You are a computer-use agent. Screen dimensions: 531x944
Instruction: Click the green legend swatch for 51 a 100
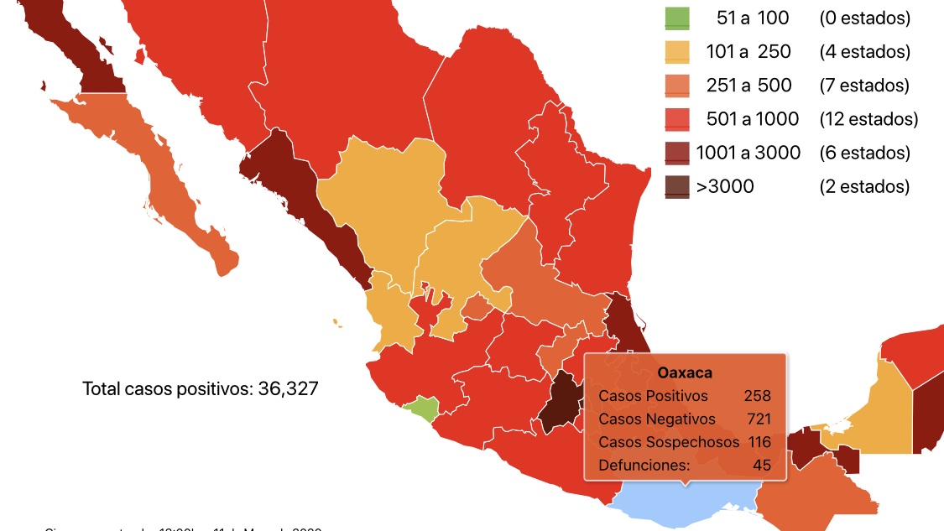click(x=677, y=18)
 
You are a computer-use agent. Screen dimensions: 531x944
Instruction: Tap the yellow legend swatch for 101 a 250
click(x=677, y=52)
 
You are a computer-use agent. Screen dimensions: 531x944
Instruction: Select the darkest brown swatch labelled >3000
click(x=677, y=186)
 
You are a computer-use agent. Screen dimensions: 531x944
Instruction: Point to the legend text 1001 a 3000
click(x=748, y=153)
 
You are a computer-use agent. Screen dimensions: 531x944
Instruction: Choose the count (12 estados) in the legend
click(x=868, y=119)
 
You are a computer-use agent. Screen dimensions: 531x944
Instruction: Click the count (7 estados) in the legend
click(x=864, y=86)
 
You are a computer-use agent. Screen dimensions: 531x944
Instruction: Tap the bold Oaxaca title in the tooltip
click(x=685, y=372)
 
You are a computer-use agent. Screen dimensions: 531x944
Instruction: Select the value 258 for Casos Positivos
click(x=756, y=396)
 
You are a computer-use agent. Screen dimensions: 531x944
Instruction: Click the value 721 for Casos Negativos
click(x=756, y=419)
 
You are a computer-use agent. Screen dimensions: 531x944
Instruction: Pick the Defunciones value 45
click(x=761, y=464)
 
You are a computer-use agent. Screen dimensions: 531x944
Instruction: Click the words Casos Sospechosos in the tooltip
click(x=669, y=441)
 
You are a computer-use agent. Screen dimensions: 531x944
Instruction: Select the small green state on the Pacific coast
click(x=422, y=410)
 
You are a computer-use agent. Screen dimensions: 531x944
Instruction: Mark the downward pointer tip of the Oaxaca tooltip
click(x=686, y=486)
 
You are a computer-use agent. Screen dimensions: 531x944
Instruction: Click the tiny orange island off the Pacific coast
click(x=337, y=321)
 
